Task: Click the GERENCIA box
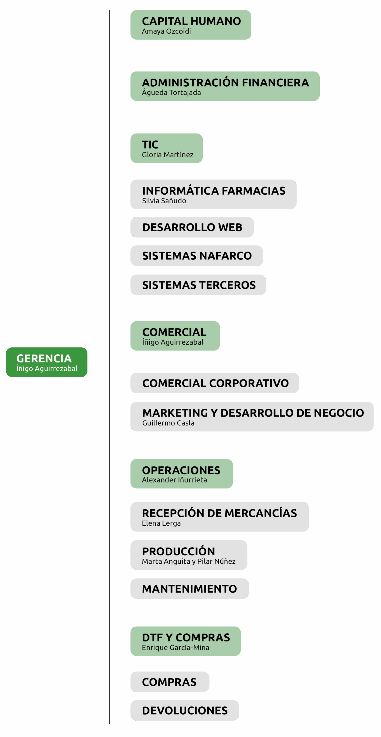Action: pyautogui.click(x=47, y=362)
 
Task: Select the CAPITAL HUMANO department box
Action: pyautogui.click(x=191, y=25)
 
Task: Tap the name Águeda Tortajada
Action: pyautogui.click(x=171, y=93)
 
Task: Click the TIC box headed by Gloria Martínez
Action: pyautogui.click(x=166, y=148)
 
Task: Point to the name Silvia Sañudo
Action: pyautogui.click(x=164, y=201)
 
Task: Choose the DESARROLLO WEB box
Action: pyautogui.click(x=192, y=227)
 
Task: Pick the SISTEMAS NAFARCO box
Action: pyautogui.click(x=197, y=256)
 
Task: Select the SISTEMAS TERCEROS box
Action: pyautogui.click(x=198, y=285)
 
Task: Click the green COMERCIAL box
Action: pyautogui.click(x=175, y=336)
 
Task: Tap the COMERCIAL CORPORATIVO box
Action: pyautogui.click(x=215, y=383)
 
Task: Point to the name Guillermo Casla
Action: pyautogui.click(x=168, y=423)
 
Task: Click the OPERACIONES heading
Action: pyautogui.click(x=181, y=470)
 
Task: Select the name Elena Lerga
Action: pyautogui.click(x=161, y=523)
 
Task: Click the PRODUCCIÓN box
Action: pyautogui.click(x=189, y=555)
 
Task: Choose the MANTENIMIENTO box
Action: pyautogui.click(x=189, y=589)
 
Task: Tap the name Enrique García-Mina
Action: pyautogui.click(x=175, y=648)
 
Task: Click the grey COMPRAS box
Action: pyautogui.click(x=170, y=682)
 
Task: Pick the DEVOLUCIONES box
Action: pyautogui.click(x=185, y=711)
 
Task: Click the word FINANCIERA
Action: pyautogui.click(x=275, y=83)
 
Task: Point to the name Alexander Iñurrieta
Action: pyautogui.click(x=174, y=480)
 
